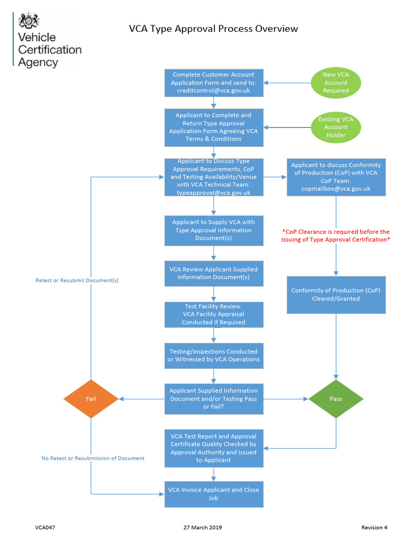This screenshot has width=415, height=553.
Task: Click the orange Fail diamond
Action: (x=91, y=399)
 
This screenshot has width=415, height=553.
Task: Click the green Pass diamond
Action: (x=336, y=399)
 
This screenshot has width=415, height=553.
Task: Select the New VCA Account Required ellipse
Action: (x=336, y=83)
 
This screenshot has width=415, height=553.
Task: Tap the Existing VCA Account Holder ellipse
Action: (x=336, y=127)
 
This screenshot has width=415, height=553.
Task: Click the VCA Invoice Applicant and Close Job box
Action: (x=214, y=494)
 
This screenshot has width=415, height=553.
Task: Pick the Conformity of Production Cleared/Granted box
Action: (x=336, y=294)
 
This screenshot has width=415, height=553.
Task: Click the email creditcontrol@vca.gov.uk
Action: (x=214, y=91)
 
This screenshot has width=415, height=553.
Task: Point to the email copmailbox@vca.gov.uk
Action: (x=336, y=189)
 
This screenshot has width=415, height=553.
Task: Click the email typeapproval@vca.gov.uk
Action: (x=214, y=193)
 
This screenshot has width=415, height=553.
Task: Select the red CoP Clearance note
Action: (x=336, y=235)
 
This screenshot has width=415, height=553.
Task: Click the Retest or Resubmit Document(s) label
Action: (x=77, y=280)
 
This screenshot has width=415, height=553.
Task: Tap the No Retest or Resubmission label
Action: (x=93, y=458)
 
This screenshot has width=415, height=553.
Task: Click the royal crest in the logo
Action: (x=29, y=21)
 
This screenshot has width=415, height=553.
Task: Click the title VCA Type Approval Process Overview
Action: (x=213, y=29)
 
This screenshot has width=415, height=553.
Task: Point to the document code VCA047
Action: (x=38, y=528)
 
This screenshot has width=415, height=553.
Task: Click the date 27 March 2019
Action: (x=203, y=528)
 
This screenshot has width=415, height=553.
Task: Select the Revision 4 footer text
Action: (x=374, y=528)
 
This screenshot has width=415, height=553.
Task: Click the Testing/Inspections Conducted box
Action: (x=214, y=355)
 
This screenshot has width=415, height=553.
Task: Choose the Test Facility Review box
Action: (x=214, y=314)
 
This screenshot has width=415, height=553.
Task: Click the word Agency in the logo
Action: (x=38, y=62)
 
